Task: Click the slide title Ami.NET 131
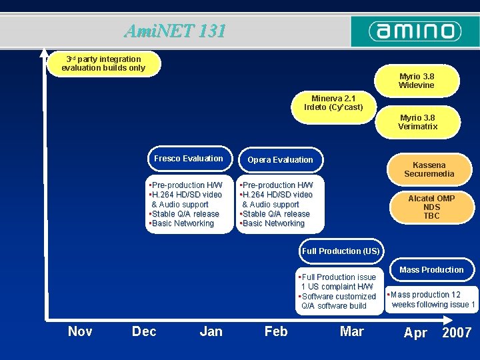175,31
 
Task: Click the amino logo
415,31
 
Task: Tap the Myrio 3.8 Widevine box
417,81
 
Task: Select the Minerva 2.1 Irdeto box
334,103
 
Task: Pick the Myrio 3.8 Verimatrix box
417,122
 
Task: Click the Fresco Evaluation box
189,159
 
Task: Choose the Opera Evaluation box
280,160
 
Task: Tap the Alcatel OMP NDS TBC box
431,207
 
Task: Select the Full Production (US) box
341,251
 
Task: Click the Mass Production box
431,270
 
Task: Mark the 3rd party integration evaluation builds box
103,63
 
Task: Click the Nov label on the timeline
80,331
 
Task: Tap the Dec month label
144,331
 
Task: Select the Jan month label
211,331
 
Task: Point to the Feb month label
276,331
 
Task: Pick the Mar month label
352,331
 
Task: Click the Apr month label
415,333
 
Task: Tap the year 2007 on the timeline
457,333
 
